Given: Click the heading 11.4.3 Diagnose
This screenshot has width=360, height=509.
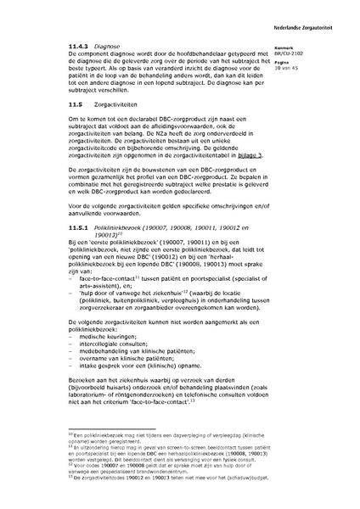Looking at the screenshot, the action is pos(93,45).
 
